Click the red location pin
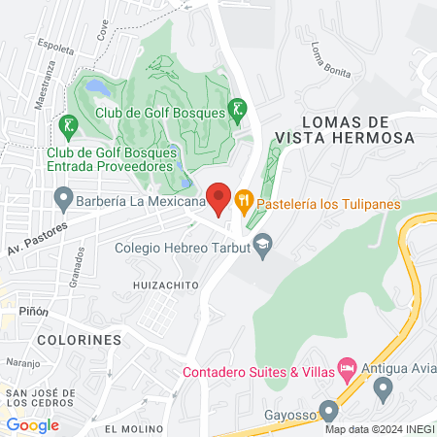(219, 198)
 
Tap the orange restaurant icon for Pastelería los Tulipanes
(244, 201)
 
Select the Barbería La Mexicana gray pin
(64, 202)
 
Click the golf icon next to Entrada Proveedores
(67, 125)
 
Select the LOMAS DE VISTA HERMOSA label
(345, 129)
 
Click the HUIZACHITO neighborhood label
(167, 285)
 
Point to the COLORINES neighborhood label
(80, 341)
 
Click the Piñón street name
(32, 312)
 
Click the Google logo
(32, 424)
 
